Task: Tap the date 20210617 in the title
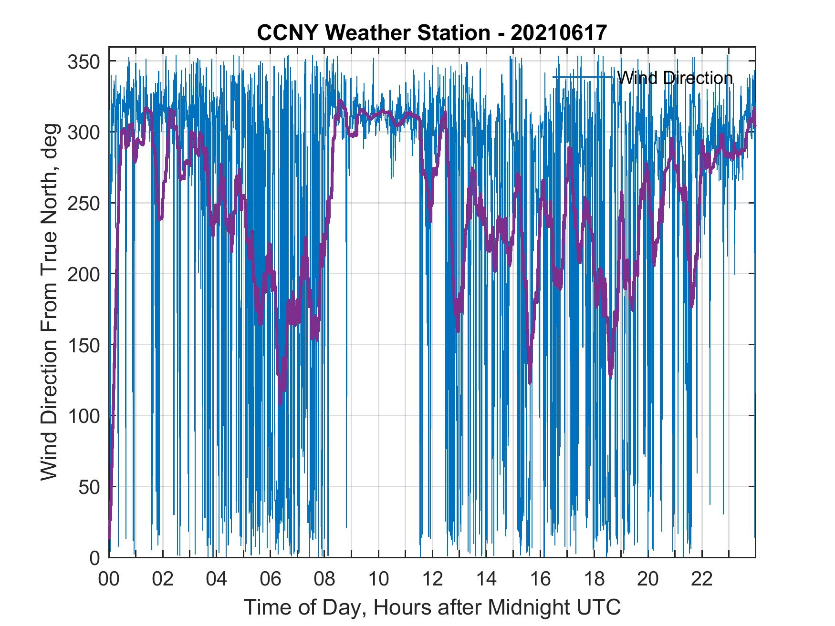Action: click(x=558, y=33)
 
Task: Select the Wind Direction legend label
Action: click(x=675, y=78)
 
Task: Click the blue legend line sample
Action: click(x=582, y=77)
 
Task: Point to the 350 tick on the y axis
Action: click(x=83, y=62)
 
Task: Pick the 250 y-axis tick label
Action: click(x=83, y=203)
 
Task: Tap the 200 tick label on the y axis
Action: click(x=83, y=274)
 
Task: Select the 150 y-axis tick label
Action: click(x=83, y=345)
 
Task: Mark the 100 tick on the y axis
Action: click(x=83, y=416)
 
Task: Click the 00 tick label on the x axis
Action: click(x=109, y=579)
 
